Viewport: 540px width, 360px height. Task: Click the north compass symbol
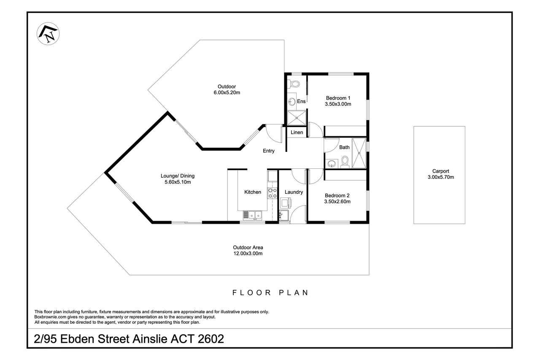click(x=48, y=34)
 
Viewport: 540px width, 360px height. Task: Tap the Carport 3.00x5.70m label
click(x=441, y=174)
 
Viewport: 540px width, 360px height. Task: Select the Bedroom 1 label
click(x=338, y=98)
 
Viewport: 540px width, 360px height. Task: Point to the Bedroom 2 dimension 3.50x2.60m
click(x=337, y=201)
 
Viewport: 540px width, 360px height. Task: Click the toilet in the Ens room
click(x=293, y=84)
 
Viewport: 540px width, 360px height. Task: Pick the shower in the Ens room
click(x=296, y=118)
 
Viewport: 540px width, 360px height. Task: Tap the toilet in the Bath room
click(x=345, y=162)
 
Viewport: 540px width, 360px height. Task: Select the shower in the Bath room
click(x=359, y=153)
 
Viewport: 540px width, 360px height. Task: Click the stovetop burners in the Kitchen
click(x=273, y=193)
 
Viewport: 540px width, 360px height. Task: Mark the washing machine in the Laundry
click(x=286, y=203)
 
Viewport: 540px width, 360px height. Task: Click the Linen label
click(x=297, y=133)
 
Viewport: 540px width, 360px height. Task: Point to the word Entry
click(x=269, y=151)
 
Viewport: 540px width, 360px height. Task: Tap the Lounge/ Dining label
click(x=178, y=176)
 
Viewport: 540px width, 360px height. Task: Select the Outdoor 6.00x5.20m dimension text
click(x=227, y=92)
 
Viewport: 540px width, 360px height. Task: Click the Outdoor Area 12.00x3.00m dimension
click(x=248, y=253)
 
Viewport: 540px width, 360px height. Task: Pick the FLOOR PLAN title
click(x=270, y=293)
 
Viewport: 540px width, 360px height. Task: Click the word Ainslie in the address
click(x=150, y=339)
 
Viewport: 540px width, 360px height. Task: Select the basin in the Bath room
click(x=332, y=163)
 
